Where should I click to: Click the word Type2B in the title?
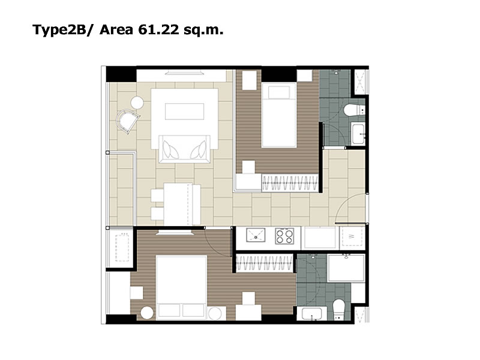coord(59,30)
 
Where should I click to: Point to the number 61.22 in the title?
coord(158,29)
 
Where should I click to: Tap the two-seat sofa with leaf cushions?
coord(185,149)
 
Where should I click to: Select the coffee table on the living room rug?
coord(185,112)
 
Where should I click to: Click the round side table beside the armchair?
coord(137,103)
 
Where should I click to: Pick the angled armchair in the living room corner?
coord(127,121)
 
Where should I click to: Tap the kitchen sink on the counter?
coord(256,235)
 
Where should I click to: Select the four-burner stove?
coord(284,236)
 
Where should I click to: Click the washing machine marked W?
coord(352,236)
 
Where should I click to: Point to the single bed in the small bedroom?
coord(279,115)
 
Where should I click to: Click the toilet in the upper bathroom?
coord(354,110)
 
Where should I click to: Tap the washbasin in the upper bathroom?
coord(358,133)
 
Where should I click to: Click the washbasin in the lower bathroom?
coord(311,314)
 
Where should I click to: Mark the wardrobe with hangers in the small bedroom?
coord(290,183)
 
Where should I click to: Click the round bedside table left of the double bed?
coord(146,313)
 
